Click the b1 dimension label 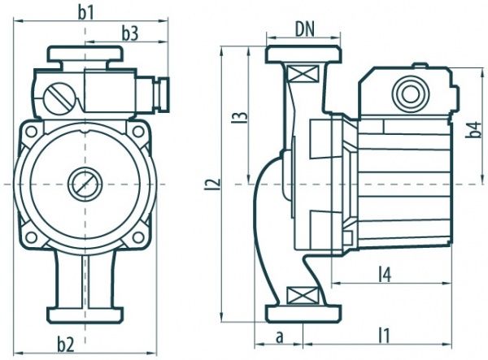pyautogui.click(x=86, y=12)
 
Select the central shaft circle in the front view pyautogui.click(x=85, y=184)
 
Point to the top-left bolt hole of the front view pyautogui.click(x=31, y=130)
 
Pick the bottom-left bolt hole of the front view pyautogui.click(x=31, y=236)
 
